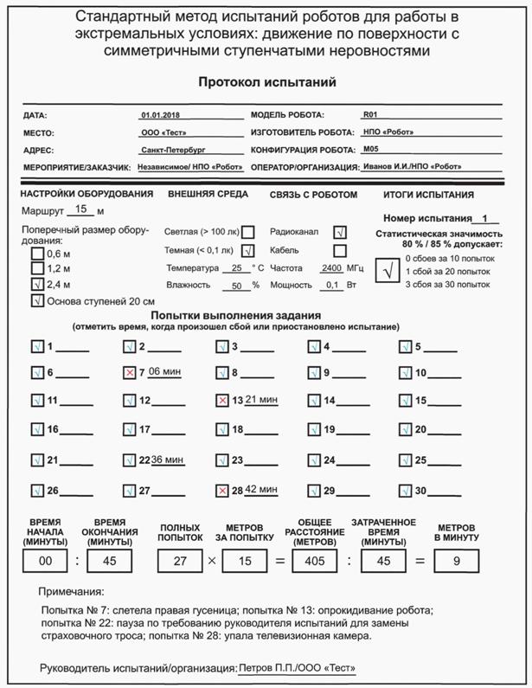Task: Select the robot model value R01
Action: pyautogui.click(x=371, y=113)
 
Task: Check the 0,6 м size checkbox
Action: pyautogui.click(x=37, y=254)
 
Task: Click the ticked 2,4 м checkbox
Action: pyautogui.click(x=37, y=284)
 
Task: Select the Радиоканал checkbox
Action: pyautogui.click(x=340, y=232)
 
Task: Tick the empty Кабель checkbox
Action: pyautogui.click(x=340, y=251)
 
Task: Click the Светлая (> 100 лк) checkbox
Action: pyautogui.click(x=248, y=232)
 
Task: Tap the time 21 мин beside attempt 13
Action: pyautogui.click(x=260, y=399)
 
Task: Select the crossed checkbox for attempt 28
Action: pyautogui.click(x=222, y=491)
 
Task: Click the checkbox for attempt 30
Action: pyautogui.click(x=405, y=491)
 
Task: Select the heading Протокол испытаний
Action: pyautogui.click(x=266, y=82)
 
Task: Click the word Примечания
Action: pyautogui.click(x=72, y=592)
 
